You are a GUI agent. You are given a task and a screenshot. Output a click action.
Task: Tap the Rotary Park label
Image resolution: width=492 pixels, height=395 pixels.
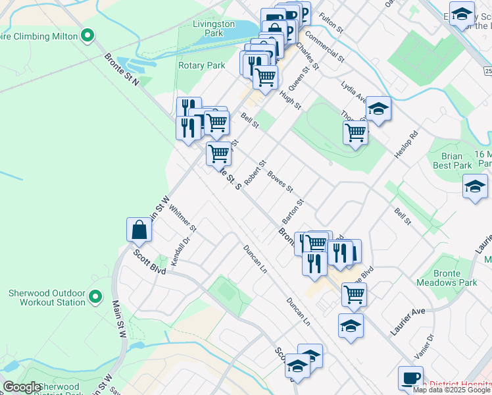[201, 65]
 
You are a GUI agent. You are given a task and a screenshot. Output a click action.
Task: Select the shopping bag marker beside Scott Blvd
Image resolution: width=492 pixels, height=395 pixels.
[139, 230]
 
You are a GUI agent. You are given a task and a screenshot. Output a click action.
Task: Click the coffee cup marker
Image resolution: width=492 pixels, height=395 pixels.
[410, 378]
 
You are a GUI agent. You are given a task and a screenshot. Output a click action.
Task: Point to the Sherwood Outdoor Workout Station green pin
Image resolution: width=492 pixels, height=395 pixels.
[95, 298]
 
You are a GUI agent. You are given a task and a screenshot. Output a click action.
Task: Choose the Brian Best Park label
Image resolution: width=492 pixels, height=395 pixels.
[453, 161]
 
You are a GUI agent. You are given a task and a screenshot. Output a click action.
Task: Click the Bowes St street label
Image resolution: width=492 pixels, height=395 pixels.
[280, 182]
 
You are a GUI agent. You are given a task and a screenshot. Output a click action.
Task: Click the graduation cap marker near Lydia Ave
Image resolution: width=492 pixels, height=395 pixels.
[378, 109]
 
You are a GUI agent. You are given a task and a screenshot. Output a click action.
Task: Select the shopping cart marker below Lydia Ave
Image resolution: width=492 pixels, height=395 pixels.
[355, 133]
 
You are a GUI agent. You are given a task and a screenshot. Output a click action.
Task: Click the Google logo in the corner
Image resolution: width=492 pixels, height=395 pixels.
[22, 387]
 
